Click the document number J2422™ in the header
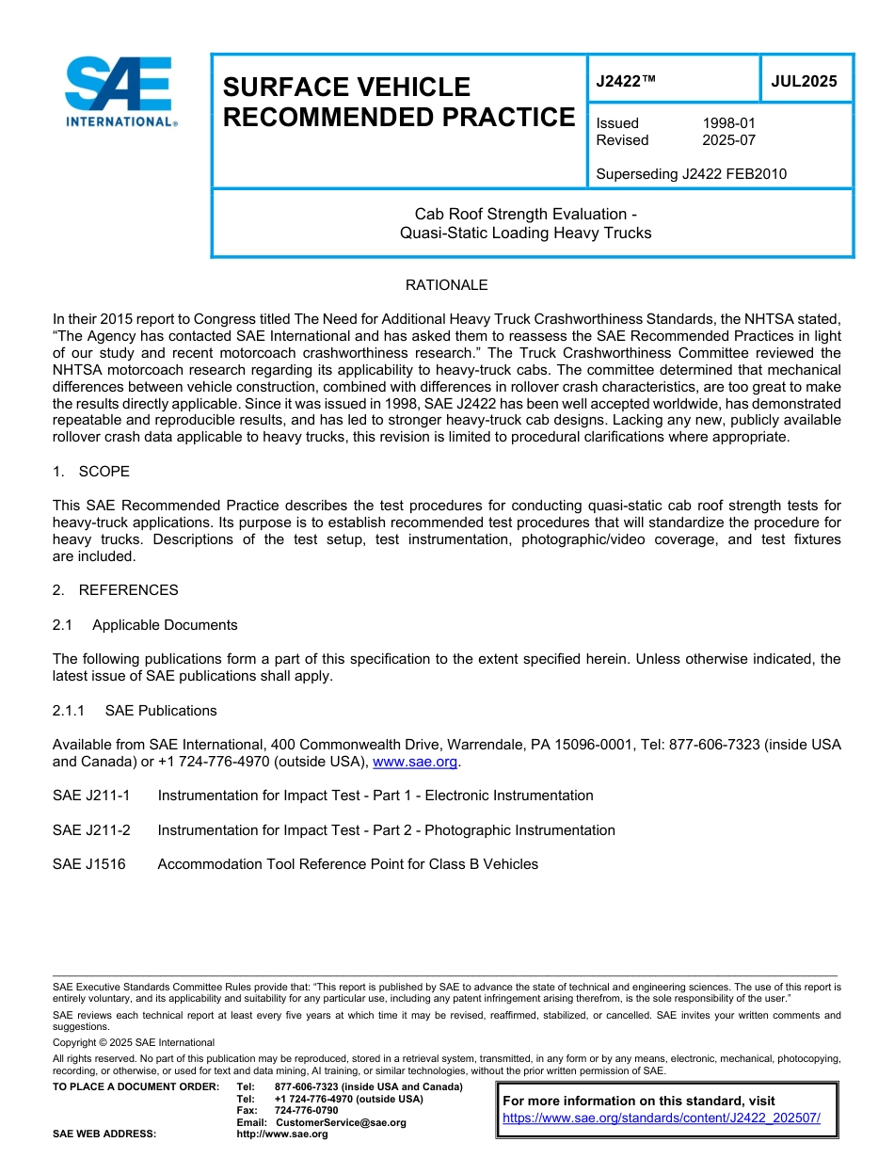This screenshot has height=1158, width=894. tap(626, 82)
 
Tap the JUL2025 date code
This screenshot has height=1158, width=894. tap(804, 82)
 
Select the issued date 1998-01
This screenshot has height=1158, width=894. tap(728, 123)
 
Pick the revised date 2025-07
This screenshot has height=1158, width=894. tap(728, 140)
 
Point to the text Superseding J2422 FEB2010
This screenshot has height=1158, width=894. tap(691, 173)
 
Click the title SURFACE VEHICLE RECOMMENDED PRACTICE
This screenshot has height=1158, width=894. tap(398, 102)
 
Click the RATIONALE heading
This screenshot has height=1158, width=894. tap(446, 285)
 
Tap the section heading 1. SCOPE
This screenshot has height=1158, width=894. tap(91, 471)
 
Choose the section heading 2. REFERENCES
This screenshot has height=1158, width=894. tap(115, 590)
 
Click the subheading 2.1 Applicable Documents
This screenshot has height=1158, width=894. tap(145, 625)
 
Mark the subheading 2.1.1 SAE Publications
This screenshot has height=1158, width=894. tap(135, 711)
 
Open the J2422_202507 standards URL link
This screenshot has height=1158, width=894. tap(662, 1118)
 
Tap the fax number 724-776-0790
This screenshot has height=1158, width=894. tap(306, 1111)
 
